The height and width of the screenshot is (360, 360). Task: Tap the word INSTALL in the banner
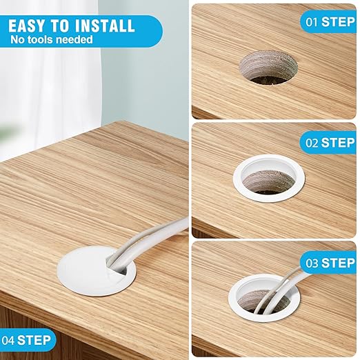[x=105, y=26]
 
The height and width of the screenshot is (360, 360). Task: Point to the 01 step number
[x=312, y=22]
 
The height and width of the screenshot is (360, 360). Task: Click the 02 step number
[x=312, y=143]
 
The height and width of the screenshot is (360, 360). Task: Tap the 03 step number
[x=312, y=263]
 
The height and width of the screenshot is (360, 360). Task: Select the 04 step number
[x=8, y=340]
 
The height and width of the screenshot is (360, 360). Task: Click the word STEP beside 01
[x=338, y=22]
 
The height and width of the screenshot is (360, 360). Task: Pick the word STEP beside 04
[x=34, y=340]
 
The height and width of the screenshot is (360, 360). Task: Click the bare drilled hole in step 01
[x=268, y=68]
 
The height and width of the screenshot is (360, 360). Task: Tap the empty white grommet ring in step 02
[x=269, y=199]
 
